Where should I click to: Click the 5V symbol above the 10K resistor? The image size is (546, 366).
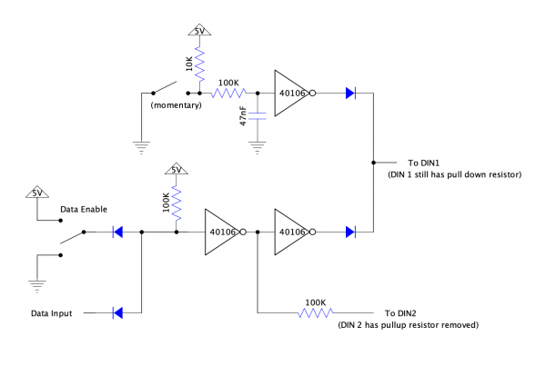[199, 31]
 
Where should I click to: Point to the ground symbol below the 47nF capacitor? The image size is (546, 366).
[259, 144]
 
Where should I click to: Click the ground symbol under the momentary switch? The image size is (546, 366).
[142, 144]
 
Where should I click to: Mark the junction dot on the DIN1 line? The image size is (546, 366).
[373, 163]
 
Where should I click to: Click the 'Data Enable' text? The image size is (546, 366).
[83, 209]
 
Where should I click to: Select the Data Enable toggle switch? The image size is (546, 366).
[73, 237]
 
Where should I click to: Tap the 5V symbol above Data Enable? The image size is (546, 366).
[37, 193]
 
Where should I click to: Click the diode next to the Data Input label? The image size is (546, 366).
[116, 313]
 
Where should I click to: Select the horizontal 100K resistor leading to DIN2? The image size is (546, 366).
[315, 313]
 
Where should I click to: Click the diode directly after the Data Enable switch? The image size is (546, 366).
[116, 232]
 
